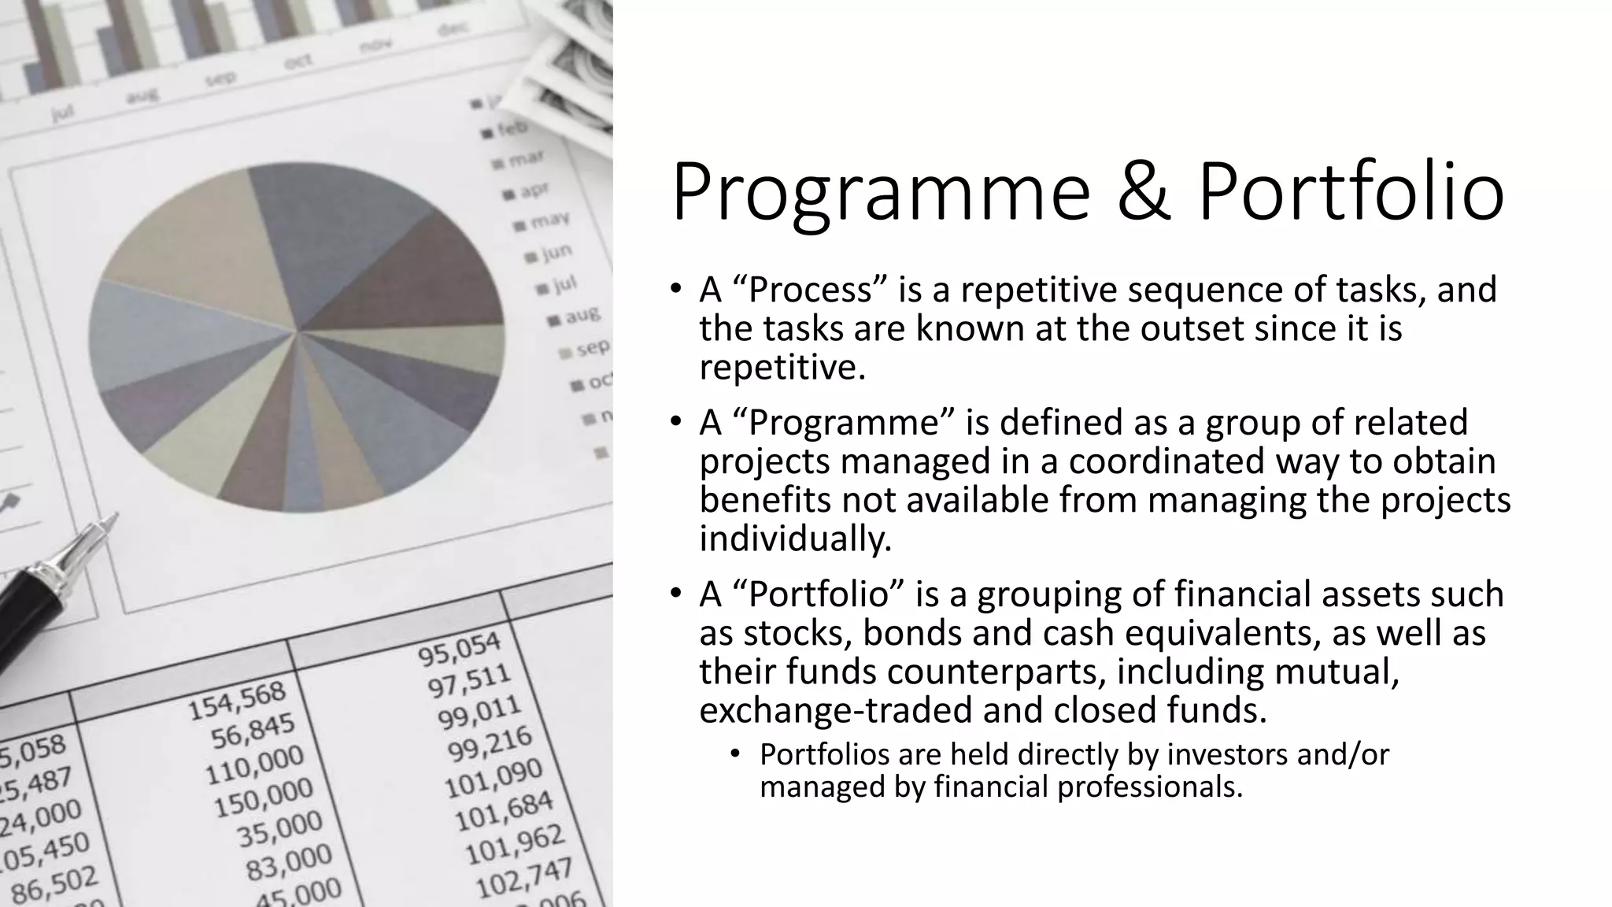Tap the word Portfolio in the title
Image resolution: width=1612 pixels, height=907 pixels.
[1351, 191]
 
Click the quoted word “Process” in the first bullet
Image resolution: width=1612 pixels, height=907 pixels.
[810, 290]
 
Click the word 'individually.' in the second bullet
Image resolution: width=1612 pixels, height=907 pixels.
[796, 539]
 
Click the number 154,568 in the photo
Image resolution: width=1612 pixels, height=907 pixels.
[237, 700]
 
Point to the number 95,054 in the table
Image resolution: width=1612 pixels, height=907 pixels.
[459, 648]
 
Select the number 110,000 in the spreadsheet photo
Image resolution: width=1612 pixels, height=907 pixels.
[254, 764]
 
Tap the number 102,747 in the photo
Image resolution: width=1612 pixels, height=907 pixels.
[523, 877]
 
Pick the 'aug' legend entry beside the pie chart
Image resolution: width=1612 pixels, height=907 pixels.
[581, 317]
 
